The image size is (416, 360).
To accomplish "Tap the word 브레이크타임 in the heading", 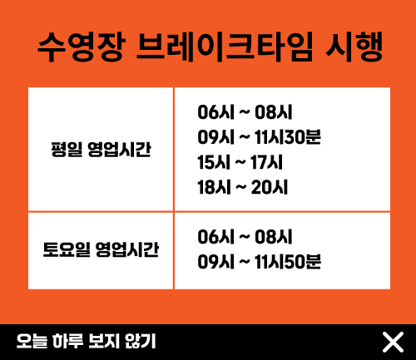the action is pos(225,47).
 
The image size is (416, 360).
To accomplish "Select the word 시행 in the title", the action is pos(354,47).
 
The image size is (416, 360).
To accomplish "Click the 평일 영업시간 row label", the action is pos(101,150).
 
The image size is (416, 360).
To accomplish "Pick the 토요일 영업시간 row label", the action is pos(101,249).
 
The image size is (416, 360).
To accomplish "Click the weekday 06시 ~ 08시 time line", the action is pos(245,112).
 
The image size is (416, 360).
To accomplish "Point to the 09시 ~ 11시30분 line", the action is pos(260,137).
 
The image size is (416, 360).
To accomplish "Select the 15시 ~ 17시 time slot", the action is pos(240,162).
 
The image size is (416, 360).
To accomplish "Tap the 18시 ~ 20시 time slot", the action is pos(243,187).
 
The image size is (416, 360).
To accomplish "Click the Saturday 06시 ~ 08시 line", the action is pos(245,237).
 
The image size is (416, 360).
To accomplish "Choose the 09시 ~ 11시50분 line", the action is pos(260,262).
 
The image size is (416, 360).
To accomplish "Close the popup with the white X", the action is pos(393,343).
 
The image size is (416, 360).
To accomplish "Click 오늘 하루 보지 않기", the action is pos(87,341).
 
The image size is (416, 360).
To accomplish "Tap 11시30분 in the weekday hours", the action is pos(288,137).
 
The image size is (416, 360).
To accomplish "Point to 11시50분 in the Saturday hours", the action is pos(288,262).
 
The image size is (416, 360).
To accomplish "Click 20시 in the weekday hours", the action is pos(270,187).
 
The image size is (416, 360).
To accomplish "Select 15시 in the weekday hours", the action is pos(214,162).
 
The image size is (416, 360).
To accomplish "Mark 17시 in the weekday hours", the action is pos(267,162).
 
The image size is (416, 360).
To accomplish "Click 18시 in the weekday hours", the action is pos(214,187).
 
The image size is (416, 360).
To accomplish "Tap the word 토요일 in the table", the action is pos(67,249).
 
